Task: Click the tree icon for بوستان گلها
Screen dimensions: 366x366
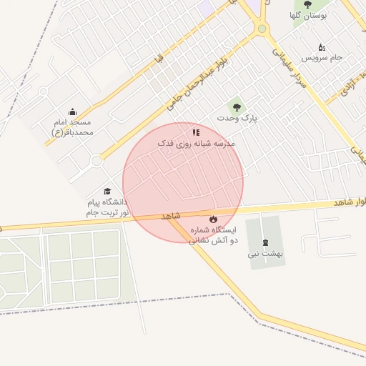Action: click(307, 4)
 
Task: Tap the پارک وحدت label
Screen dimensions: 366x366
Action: click(239, 117)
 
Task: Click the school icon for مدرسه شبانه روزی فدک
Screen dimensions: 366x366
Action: click(196, 132)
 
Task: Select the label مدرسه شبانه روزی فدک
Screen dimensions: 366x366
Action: click(196, 143)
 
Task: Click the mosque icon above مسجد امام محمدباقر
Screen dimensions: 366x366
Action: click(72, 112)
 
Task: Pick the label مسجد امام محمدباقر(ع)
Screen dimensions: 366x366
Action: click(72, 127)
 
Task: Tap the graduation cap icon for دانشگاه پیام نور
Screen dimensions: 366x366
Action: click(107, 192)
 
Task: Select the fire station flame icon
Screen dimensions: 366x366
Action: click(212, 219)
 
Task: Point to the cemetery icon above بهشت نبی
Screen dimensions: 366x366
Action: click(266, 242)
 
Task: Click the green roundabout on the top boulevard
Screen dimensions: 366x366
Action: click(262, 29)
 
